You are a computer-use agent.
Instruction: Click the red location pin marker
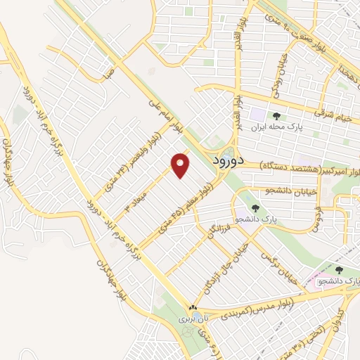[181, 165]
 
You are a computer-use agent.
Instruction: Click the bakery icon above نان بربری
[194, 307]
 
